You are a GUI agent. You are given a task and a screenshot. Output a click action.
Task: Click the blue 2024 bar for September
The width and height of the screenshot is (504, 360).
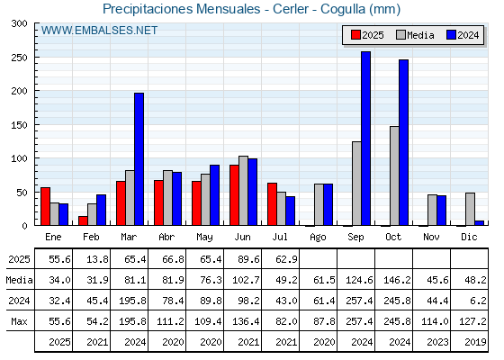coord(365,139)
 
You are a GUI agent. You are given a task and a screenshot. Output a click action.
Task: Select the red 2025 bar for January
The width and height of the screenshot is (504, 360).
coord(45,206)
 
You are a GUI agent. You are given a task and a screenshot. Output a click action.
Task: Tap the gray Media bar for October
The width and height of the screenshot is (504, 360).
coord(394,175)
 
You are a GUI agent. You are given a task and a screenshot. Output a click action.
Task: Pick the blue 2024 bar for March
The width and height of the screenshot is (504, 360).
coord(139,159)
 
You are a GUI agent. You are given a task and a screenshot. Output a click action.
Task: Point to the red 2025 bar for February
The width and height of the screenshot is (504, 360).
coord(83,220)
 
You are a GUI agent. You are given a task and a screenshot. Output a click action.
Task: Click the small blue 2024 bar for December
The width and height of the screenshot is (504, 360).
coord(479,223)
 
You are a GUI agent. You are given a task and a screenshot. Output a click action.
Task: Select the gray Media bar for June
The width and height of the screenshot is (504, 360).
coord(243,191)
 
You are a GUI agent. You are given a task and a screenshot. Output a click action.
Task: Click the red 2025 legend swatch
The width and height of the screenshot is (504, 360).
coord(355,35)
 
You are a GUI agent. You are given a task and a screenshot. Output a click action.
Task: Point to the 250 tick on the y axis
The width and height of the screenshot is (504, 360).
coord(36,58)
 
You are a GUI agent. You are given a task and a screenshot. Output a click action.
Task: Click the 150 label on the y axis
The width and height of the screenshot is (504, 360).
coord(19,125)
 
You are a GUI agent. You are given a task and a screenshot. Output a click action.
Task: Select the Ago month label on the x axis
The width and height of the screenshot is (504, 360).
coord(318,238)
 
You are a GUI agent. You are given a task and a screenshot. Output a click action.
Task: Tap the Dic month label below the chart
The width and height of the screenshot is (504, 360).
coord(469,237)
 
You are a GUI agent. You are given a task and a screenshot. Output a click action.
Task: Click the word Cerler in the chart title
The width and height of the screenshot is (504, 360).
coord(292,9)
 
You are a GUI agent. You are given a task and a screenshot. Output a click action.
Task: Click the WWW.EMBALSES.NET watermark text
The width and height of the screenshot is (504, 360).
coord(99,31)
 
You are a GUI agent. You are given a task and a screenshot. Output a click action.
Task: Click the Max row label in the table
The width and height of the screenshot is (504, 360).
coord(19,321)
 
